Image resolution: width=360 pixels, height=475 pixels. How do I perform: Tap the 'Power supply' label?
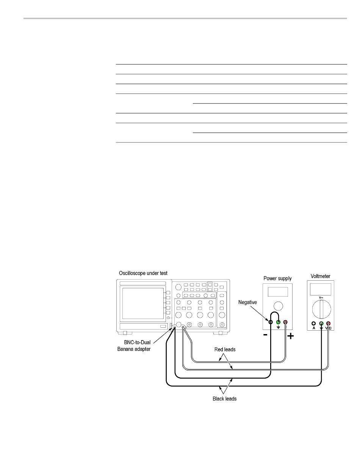(x=278, y=278)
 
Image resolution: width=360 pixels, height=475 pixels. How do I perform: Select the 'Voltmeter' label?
(x=320, y=276)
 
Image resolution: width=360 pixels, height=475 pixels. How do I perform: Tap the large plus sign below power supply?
(x=290, y=336)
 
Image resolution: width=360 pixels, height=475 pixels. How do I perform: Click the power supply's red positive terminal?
(x=285, y=322)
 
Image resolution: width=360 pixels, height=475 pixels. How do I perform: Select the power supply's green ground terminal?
(x=278, y=322)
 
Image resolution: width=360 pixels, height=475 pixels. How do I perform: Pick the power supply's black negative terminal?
(x=270, y=322)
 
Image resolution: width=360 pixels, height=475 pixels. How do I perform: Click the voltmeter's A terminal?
(x=313, y=323)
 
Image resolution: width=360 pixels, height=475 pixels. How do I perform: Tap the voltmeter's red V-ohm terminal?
(x=328, y=323)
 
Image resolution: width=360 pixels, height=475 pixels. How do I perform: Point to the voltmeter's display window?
(x=321, y=289)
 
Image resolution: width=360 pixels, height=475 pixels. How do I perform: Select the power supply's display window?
(x=277, y=291)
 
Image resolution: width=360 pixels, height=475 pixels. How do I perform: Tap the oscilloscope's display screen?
(x=142, y=303)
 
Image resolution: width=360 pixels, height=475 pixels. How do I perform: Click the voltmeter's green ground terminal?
(x=321, y=323)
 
